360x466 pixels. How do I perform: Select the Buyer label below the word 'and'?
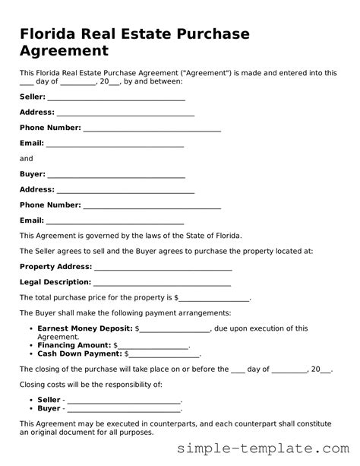(x=32, y=174)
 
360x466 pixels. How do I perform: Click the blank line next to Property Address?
(x=163, y=267)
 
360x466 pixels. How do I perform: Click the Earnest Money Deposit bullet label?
(x=84, y=328)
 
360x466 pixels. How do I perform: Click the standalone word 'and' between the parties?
(x=27, y=159)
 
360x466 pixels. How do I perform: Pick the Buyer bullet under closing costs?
(x=49, y=408)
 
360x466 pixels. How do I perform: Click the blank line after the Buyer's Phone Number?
(x=152, y=205)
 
